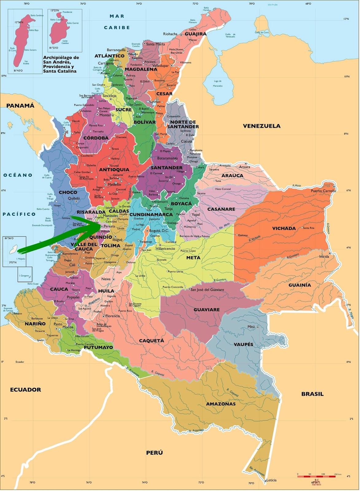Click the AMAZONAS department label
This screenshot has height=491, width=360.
click(x=221, y=404)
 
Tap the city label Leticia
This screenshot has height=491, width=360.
click(x=271, y=480)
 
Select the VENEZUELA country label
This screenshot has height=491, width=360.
click(x=261, y=126)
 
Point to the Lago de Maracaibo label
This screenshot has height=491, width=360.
click(x=218, y=83)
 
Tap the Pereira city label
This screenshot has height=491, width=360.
click(x=109, y=226)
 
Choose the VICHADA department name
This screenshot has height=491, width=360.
click(x=284, y=228)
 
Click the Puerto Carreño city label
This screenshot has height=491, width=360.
click(x=323, y=191)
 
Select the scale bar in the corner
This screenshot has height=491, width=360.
click(x=316, y=476)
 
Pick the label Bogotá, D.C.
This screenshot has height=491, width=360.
click(x=159, y=230)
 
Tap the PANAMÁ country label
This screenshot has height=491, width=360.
click(x=21, y=106)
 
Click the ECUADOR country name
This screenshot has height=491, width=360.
click(x=25, y=390)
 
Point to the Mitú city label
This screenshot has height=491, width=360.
click(x=251, y=327)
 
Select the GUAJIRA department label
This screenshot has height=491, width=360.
click(x=195, y=34)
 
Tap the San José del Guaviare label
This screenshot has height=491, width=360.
click(x=207, y=289)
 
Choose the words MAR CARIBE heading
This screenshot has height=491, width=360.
click(x=117, y=22)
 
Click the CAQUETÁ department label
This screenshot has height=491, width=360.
click(x=151, y=341)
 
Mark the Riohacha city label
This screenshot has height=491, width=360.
click(x=170, y=34)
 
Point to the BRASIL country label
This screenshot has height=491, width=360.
click(x=312, y=394)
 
